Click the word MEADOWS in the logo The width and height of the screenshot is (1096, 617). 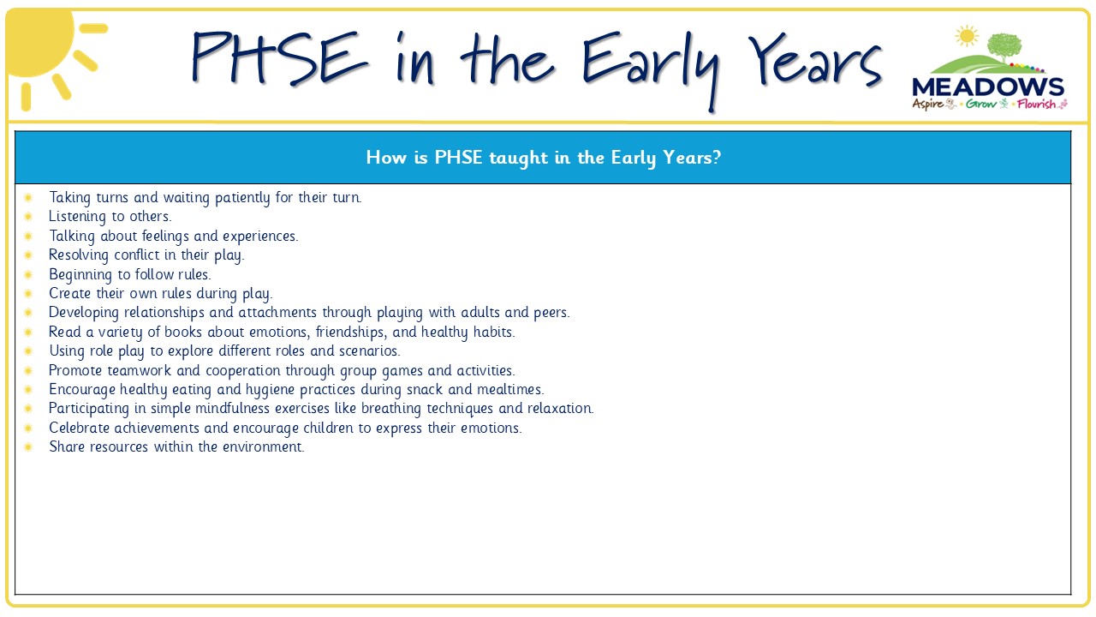[x=988, y=87]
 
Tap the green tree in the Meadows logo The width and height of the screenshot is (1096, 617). [x=1004, y=46]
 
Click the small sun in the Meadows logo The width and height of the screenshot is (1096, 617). [x=967, y=36]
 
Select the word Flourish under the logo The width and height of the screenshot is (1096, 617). [x=1036, y=104]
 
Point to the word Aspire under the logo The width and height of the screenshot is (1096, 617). [x=927, y=104]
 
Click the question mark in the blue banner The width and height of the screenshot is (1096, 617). [x=717, y=157]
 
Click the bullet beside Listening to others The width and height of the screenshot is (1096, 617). [x=28, y=217]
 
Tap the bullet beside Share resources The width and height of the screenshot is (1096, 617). [x=28, y=446]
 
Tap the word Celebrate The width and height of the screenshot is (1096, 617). [x=80, y=428]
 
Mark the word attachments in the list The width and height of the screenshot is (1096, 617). [x=277, y=313]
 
